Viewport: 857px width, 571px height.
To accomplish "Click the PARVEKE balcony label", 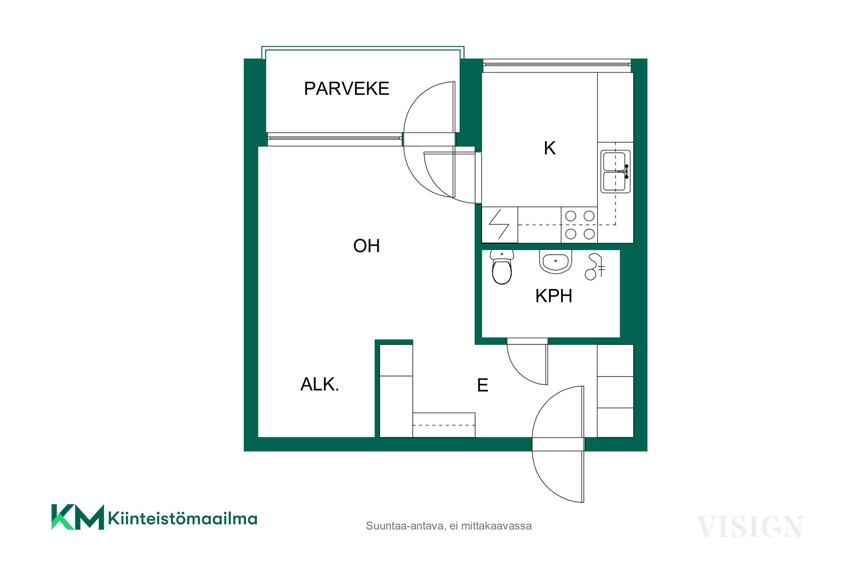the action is click(346, 89).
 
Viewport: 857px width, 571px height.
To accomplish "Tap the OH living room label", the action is click(366, 246).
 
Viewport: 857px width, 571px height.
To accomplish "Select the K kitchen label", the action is click(549, 148).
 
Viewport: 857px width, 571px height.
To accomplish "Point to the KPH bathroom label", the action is click(553, 296).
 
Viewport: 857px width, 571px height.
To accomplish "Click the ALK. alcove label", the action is click(320, 384).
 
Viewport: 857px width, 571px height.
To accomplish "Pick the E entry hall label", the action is click(483, 385).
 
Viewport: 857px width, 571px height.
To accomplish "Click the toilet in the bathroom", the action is click(502, 267).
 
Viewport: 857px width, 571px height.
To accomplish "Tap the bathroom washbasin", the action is click(555, 261).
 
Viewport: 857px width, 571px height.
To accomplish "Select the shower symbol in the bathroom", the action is click(595, 266).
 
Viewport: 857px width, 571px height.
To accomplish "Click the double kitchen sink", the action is click(616, 171).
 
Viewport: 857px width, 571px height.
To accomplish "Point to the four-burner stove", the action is click(579, 225).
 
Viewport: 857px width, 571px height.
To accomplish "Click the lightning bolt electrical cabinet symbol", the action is click(499, 225).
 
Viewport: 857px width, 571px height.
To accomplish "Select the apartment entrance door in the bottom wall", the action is click(558, 444).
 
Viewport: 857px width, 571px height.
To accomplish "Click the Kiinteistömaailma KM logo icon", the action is click(78, 517).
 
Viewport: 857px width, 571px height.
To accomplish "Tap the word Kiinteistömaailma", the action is click(183, 518).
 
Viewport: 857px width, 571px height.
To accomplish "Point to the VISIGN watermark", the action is click(750, 527).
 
